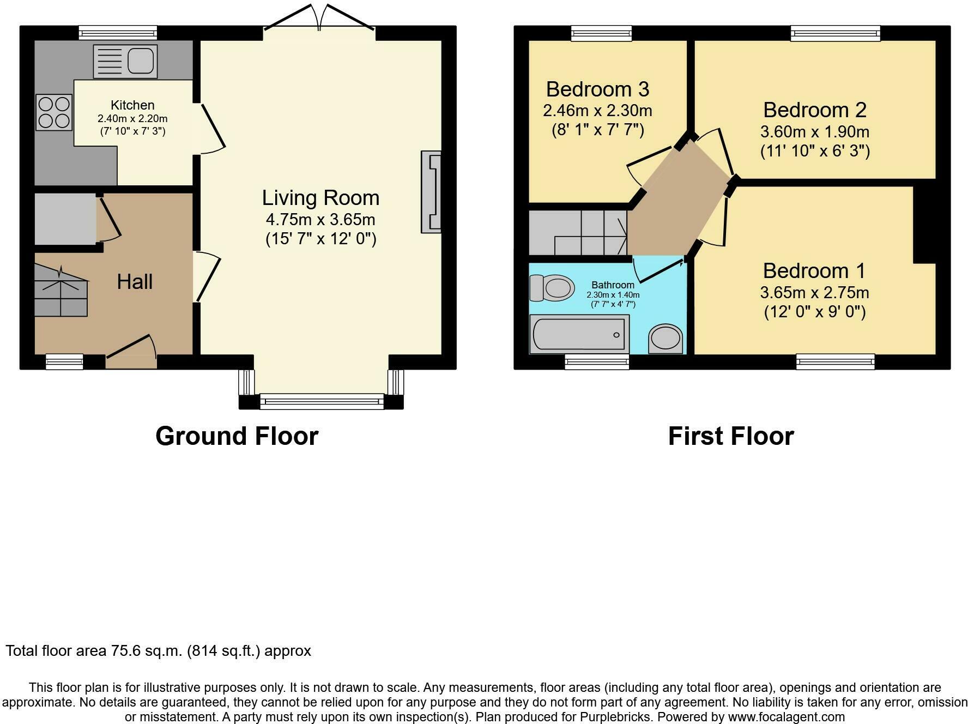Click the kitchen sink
[x=125, y=61]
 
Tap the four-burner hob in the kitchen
[x=54, y=112]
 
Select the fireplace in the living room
[x=431, y=192]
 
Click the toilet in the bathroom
[x=552, y=287]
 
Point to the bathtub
[x=579, y=334]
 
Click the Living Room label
[x=320, y=197]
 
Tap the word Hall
[x=135, y=281]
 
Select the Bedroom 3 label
[x=597, y=89]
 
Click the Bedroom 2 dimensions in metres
[x=815, y=132]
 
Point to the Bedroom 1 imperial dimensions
[x=815, y=312]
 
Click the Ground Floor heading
[x=237, y=436]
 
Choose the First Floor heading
[x=731, y=436]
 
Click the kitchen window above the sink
[x=118, y=33]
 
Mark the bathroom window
[x=597, y=361]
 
